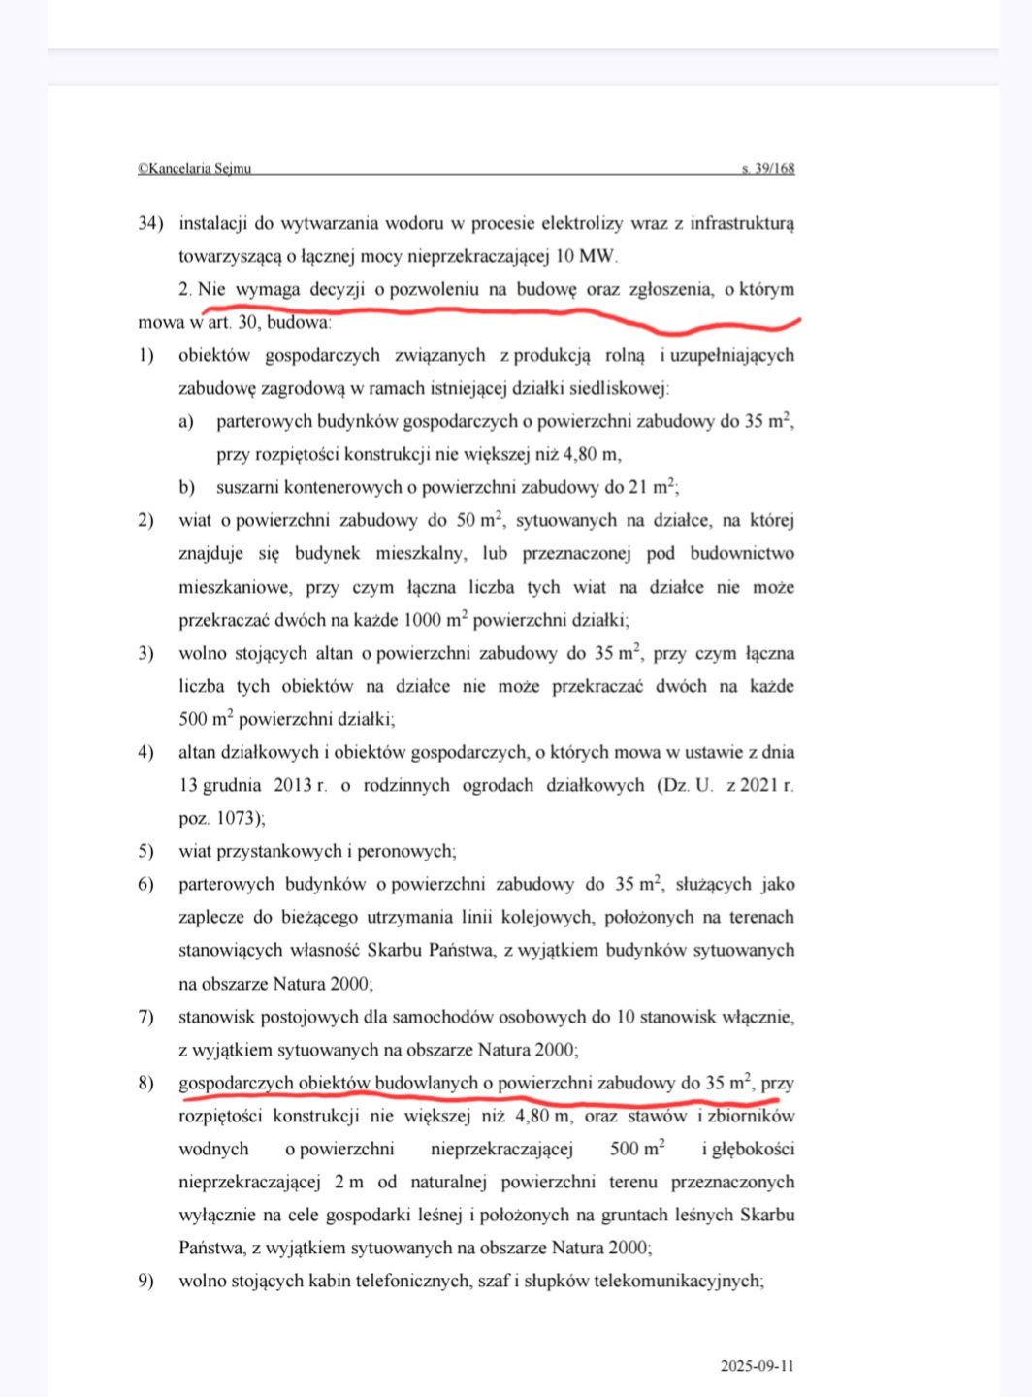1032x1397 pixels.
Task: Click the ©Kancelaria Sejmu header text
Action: click(194, 168)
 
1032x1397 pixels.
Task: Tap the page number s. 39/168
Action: click(768, 168)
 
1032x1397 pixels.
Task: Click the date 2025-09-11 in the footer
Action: click(757, 1366)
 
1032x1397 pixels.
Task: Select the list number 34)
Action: click(150, 223)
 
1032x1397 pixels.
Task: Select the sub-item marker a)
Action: click(186, 421)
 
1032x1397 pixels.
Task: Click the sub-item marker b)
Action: click(186, 487)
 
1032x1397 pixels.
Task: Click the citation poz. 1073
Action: click(220, 817)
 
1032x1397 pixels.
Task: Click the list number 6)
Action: click(146, 884)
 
